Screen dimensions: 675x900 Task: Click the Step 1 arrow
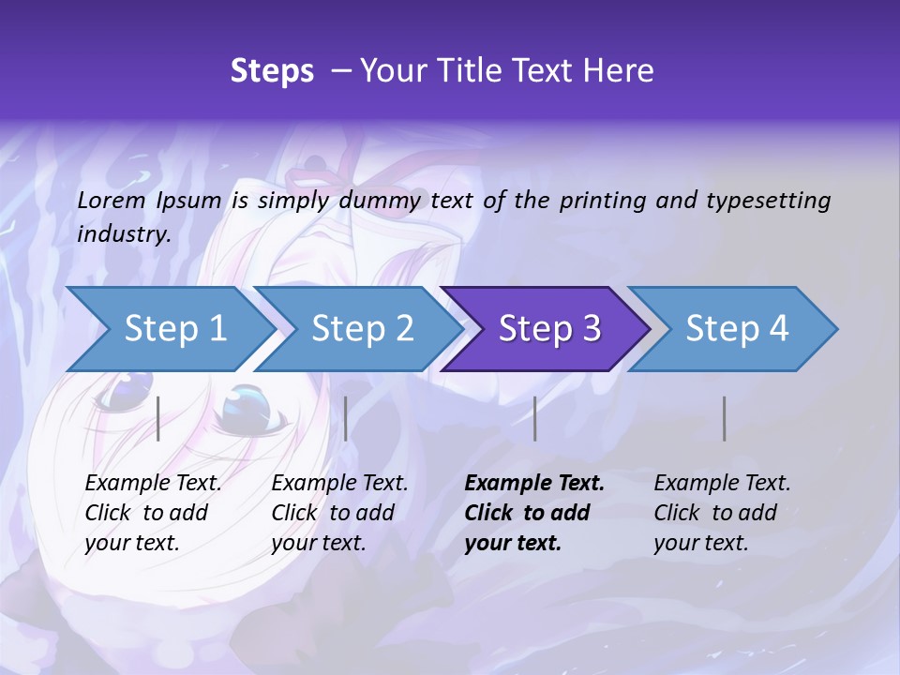173,329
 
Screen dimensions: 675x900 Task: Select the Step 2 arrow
361,329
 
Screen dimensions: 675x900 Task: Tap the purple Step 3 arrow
548,329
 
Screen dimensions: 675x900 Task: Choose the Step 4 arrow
736,329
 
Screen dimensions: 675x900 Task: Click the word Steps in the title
272,71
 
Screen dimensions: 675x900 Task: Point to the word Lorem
111,200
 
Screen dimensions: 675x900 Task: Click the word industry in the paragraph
122,233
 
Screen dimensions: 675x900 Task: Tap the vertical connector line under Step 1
158,418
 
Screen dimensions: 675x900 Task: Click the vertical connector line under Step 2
346,418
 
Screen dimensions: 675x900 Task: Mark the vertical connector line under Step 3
535,418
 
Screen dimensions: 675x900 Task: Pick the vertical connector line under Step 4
725,418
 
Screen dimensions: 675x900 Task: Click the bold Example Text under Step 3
534,484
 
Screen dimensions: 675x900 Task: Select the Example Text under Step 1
153,484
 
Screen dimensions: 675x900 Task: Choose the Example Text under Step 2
339,484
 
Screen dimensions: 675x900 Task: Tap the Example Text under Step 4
722,484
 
